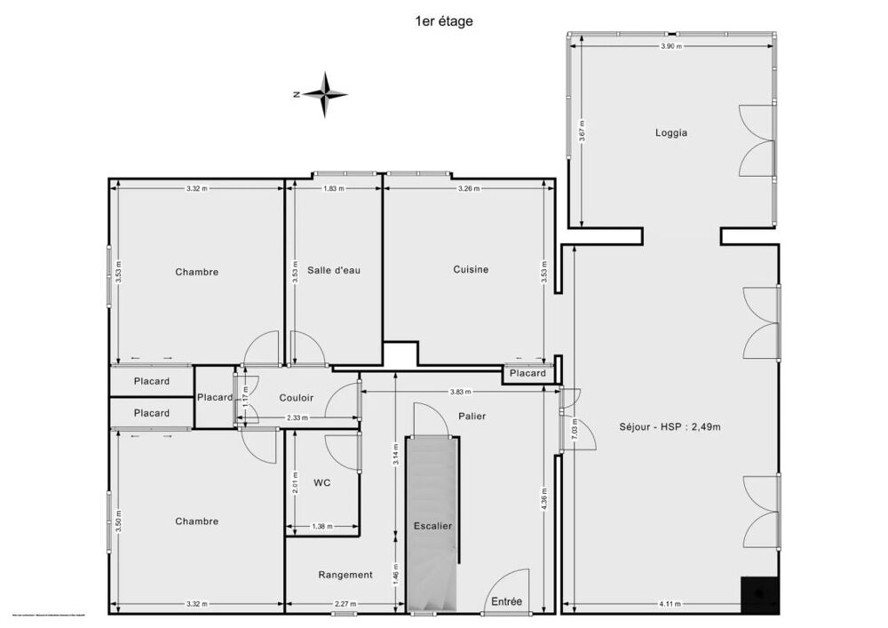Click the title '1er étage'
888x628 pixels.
click(x=444, y=21)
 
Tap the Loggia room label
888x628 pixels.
click(x=671, y=133)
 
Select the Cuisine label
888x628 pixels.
click(x=471, y=270)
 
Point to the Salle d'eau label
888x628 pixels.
click(x=334, y=270)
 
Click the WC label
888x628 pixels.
click(x=321, y=484)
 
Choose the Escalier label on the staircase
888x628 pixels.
click(x=432, y=526)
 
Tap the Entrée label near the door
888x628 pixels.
click(x=507, y=602)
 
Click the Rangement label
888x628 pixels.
click(x=345, y=575)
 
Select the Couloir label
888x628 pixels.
click(x=296, y=398)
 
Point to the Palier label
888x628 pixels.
click(x=472, y=416)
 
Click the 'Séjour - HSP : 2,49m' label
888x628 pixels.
click(x=670, y=426)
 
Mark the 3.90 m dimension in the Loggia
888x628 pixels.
click(x=672, y=46)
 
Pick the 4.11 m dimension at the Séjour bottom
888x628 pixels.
click(x=671, y=605)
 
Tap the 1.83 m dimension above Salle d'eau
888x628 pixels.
click(x=334, y=188)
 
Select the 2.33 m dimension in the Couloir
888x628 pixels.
click(x=297, y=418)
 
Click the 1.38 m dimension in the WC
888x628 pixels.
click(x=321, y=527)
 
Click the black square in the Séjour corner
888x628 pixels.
click(x=760, y=595)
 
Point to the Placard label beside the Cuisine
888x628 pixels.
click(x=528, y=374)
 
